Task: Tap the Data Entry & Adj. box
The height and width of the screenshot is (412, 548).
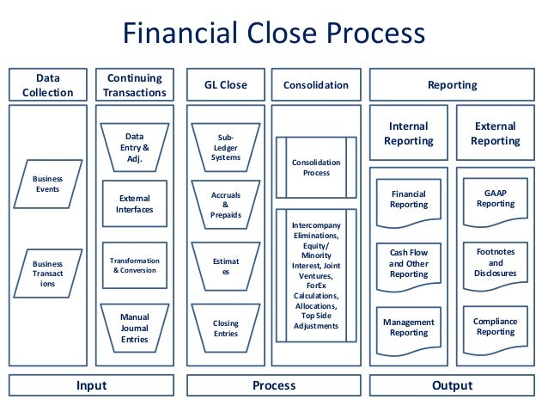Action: [134, 147]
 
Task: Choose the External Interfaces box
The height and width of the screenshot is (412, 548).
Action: [134, 203]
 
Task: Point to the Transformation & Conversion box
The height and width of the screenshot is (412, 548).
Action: [134, 265]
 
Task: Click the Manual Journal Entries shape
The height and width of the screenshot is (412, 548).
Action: [134, 328]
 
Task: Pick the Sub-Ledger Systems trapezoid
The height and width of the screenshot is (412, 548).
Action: [225, 147]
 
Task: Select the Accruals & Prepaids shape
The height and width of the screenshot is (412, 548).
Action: [225, 205]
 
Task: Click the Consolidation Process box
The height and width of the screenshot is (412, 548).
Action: [316, 167]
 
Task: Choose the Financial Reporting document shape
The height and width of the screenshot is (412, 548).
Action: [409, 200]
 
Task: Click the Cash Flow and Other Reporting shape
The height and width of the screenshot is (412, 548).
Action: [409, 263]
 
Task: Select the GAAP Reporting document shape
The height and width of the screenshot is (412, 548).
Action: [496, 200]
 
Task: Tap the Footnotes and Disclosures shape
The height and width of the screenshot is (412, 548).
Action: [496, 263]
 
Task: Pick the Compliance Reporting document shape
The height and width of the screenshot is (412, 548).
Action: [496, 327]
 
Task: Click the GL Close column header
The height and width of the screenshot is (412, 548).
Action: [225, 85]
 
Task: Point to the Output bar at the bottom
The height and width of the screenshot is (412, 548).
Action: [452, 385]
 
